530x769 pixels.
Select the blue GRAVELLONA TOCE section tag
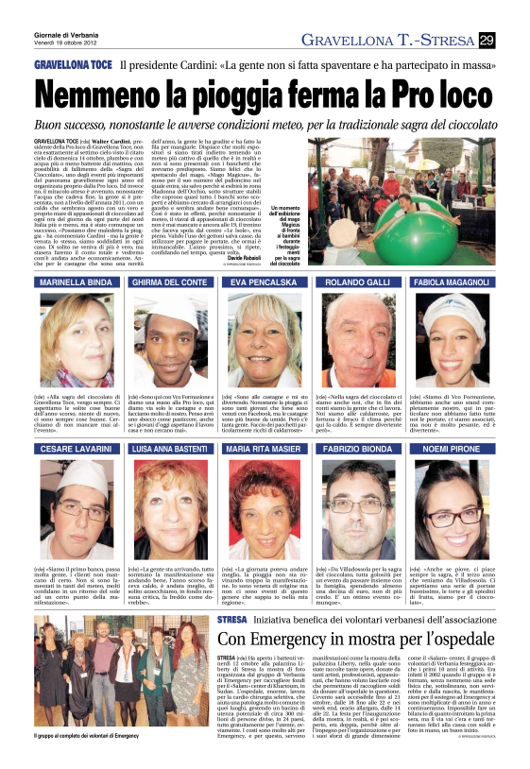point(72,63)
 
